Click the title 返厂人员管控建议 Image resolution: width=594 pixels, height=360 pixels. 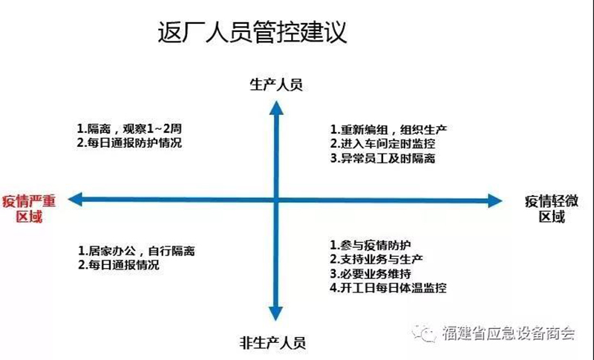point(252,32)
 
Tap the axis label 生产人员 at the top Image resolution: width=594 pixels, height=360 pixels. point(276,85)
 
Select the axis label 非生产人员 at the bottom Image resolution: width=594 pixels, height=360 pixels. point(272,343)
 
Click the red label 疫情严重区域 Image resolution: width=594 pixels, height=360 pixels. point(29,209)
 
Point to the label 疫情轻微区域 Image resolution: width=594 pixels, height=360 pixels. point(552,209)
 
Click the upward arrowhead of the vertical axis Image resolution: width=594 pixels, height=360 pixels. point(276,108)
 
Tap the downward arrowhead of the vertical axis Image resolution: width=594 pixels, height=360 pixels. point(275,314)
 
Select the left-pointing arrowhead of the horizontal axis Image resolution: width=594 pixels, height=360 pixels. point(75,200)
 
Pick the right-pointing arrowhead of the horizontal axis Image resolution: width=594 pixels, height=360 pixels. point(495,200)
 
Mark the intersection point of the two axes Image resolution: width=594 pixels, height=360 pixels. point(276,200)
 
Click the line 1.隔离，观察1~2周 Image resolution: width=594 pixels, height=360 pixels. point(129,128)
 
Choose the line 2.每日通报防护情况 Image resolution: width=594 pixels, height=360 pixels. point(129,143)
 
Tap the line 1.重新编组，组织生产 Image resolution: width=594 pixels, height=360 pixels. point(388,130)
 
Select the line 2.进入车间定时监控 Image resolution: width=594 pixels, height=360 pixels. point(382,144)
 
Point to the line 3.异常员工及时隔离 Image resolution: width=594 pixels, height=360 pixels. point(382,158)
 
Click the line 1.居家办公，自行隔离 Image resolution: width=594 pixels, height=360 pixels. point(137,251)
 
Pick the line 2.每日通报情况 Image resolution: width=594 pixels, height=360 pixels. point(119,264)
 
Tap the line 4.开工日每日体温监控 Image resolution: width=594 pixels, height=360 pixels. point(388,288)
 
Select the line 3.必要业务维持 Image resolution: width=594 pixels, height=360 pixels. point(371,273)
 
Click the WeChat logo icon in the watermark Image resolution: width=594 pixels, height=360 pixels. point(424,333)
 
